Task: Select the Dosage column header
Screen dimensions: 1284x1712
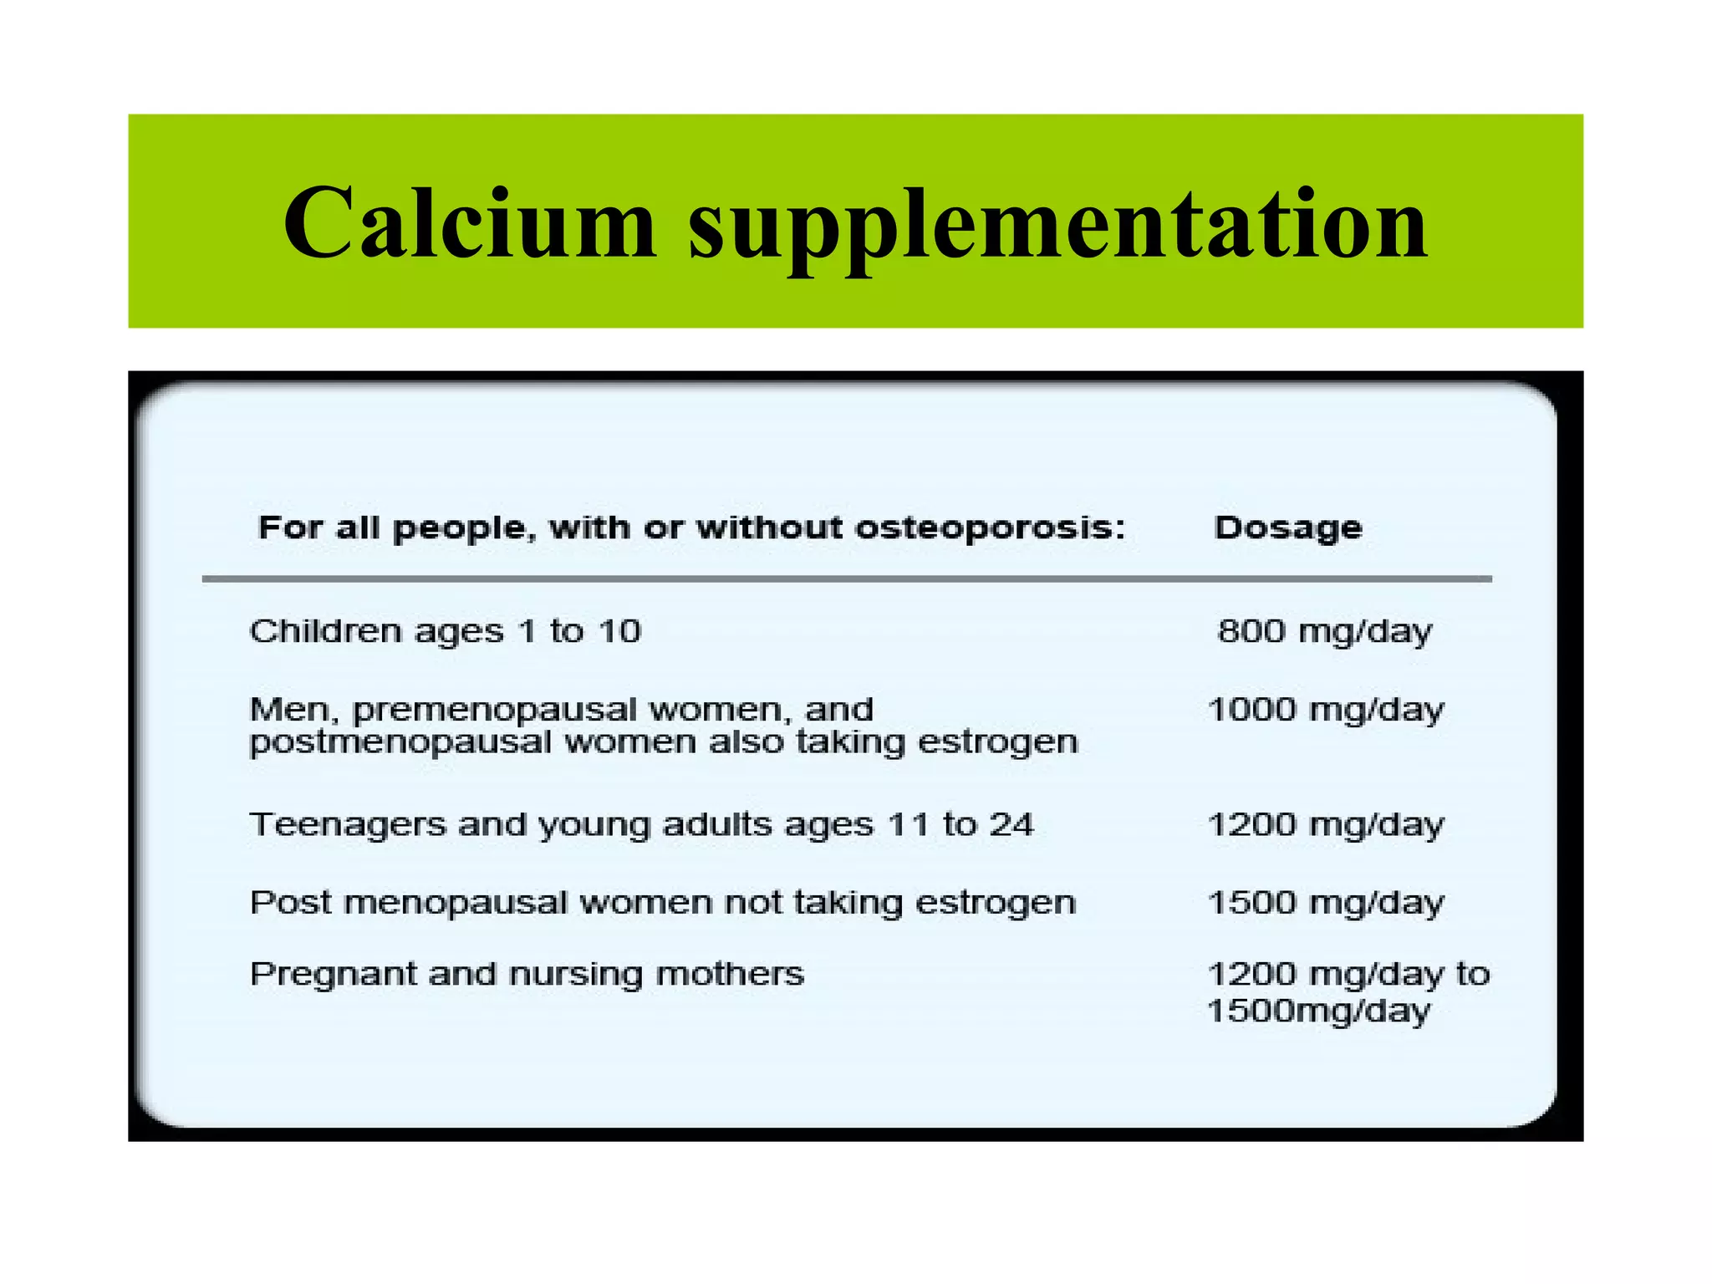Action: click(1287, 527)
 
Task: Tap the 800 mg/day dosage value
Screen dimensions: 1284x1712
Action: click(1324, 631)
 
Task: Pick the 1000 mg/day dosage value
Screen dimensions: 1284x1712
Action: click(1326, 710)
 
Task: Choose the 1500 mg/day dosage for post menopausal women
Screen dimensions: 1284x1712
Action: click(1326, 903)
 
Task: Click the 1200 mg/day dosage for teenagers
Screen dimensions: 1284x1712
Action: click(1326, 825)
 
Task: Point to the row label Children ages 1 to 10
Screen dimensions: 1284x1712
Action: click(445, 631)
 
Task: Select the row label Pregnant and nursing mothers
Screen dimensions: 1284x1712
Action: click(527, 974)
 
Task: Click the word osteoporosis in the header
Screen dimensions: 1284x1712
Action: click(991, 528)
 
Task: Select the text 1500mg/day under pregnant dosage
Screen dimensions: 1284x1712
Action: click(1318, 1011)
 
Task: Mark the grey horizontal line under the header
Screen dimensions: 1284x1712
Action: click(846, 578)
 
